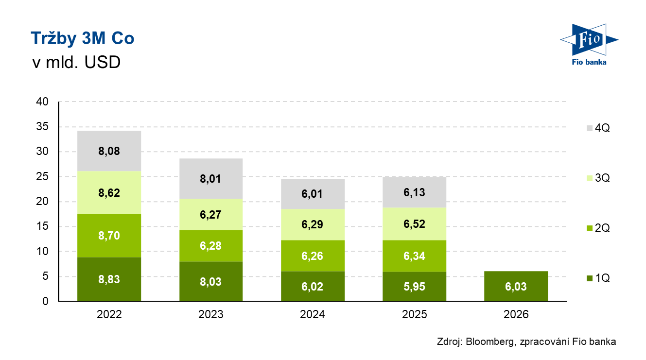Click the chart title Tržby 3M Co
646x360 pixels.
click(x=82, y=39)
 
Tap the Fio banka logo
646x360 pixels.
click(x=588, y=44)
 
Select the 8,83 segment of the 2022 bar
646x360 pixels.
click(x=109, y=279)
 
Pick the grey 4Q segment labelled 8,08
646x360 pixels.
click(x=109, y=151)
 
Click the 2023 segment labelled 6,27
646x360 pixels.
click(x=211, y=214)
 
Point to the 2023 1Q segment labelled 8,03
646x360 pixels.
click(x=211, y=282)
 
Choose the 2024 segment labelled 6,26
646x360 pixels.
click(x=313, y=255)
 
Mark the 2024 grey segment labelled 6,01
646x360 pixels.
click(x=313, y=194)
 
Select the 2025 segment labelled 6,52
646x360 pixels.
click(x=415, y=224)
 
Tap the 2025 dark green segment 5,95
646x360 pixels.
click(x=415, y=287)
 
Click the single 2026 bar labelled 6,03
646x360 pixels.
click(x=516, y=286)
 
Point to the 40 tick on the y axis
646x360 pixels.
click(x=42, y=102)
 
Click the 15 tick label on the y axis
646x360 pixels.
click(x=42, y=226)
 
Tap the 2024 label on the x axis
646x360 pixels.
click(x=313, y=314)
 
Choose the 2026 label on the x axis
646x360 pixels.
click(x=516, y=314)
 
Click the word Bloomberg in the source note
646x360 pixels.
click(x=490, y=342)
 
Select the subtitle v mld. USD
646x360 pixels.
click(x=75, y=63)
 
